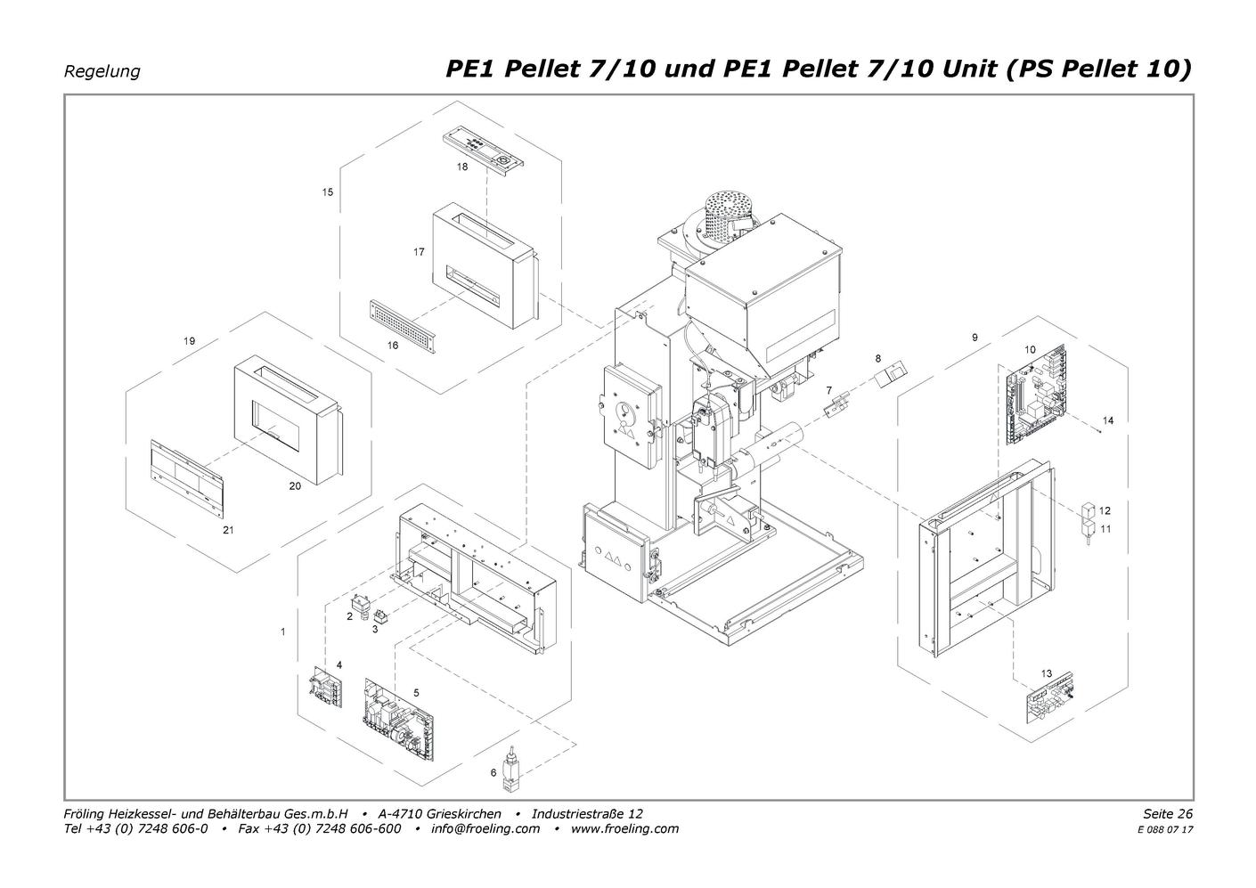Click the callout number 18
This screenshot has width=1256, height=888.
coord(462,167)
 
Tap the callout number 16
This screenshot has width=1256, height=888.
coord(393,346)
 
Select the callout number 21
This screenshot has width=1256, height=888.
coord(228,530)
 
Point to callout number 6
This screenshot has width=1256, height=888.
coord(493,772)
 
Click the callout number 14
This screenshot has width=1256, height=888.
coord(1108,420)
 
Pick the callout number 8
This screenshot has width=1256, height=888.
coord(878,359)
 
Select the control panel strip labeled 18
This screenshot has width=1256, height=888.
coord(484,146)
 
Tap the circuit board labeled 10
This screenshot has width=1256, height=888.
coord(1037,395)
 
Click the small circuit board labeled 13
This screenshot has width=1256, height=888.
coord(1049,697)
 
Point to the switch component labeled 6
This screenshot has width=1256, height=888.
coord(510,769)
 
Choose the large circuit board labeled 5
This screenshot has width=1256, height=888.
coord(399,720)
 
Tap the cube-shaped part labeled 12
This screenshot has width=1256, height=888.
coord(1089,511)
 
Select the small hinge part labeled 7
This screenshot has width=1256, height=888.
coord(836,404)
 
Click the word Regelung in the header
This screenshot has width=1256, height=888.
coord(102,71)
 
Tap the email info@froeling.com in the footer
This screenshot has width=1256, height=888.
coord(485,828)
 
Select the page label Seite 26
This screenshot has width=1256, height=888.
coord(1168,813)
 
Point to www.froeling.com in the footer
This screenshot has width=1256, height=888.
coord(624,828)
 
